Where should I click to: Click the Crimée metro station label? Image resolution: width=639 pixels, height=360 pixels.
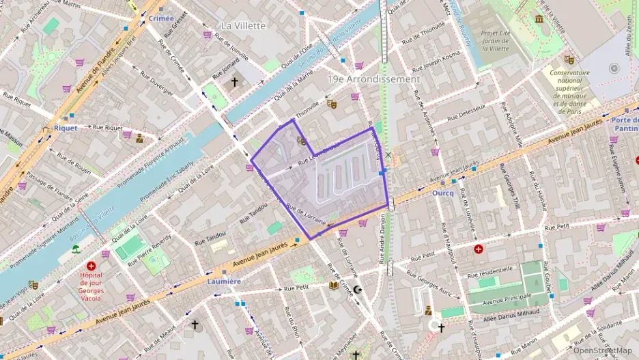tap(161, 18)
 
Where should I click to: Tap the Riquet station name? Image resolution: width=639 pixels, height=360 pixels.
tap(66, 127)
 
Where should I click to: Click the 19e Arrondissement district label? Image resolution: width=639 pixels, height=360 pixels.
tap(373, 79)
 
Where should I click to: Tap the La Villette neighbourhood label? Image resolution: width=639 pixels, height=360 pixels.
tap(244, 25)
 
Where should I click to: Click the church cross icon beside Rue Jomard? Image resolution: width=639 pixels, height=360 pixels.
tap(235, 82)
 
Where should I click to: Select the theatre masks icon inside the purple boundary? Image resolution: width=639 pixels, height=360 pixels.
tap(301, 141)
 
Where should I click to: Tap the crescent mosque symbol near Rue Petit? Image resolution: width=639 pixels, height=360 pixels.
tap(356, 290)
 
